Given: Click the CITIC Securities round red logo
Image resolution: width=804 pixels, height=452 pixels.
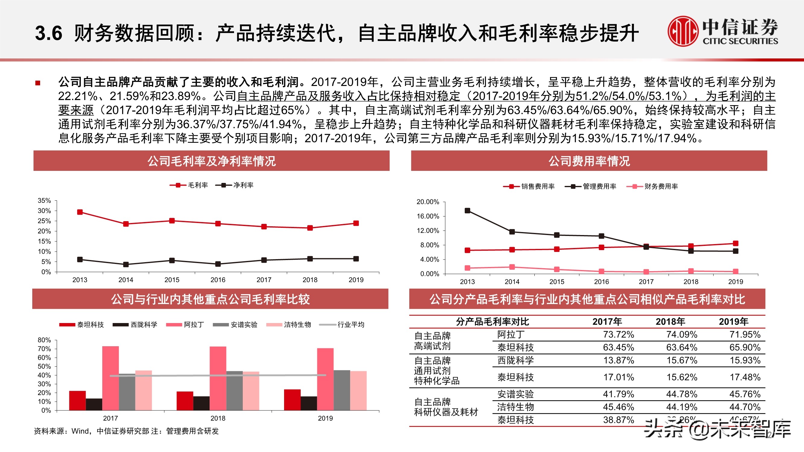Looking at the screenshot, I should (x=682, y=31).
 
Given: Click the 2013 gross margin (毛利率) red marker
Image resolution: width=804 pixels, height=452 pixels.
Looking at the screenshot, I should (x=80, y=212).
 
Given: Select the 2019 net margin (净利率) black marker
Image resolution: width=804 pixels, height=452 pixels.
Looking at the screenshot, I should (x=356, y=259).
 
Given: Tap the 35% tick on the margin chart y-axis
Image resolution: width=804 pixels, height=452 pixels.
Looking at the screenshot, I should (x=44, y=201).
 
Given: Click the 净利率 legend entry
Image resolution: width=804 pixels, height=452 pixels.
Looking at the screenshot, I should (x=235, y=185).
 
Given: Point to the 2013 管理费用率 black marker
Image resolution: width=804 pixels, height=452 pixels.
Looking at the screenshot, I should (x=467, y=211).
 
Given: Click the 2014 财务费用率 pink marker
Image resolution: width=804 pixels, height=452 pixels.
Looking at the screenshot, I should (x=512, y=267).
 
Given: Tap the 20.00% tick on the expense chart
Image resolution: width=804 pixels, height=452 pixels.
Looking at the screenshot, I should (x=428, y=202).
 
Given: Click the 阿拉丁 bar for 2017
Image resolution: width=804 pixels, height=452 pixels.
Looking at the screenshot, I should (x=110, y=378).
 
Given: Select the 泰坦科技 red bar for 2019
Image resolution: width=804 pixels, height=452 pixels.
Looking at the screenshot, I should (x=292, y=400).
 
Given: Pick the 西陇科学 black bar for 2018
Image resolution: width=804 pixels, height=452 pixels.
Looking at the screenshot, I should (x=201, y=403).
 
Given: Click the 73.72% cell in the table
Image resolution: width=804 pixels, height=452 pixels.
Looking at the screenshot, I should (x=618, y=334).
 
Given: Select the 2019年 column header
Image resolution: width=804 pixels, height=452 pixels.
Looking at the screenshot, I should (x=733, y=322).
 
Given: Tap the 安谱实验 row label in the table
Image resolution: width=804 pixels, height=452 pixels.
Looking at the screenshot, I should (x=515, y=394).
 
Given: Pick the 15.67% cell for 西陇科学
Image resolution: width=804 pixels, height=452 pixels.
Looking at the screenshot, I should (x=682, y=360).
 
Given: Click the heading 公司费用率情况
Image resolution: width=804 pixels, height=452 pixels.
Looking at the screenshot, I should (x=589, y=161).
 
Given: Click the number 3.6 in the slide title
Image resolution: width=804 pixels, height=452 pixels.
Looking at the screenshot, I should (x=48, y=33).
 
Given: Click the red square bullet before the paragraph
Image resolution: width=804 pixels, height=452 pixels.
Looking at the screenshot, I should (x=38, y=83).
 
